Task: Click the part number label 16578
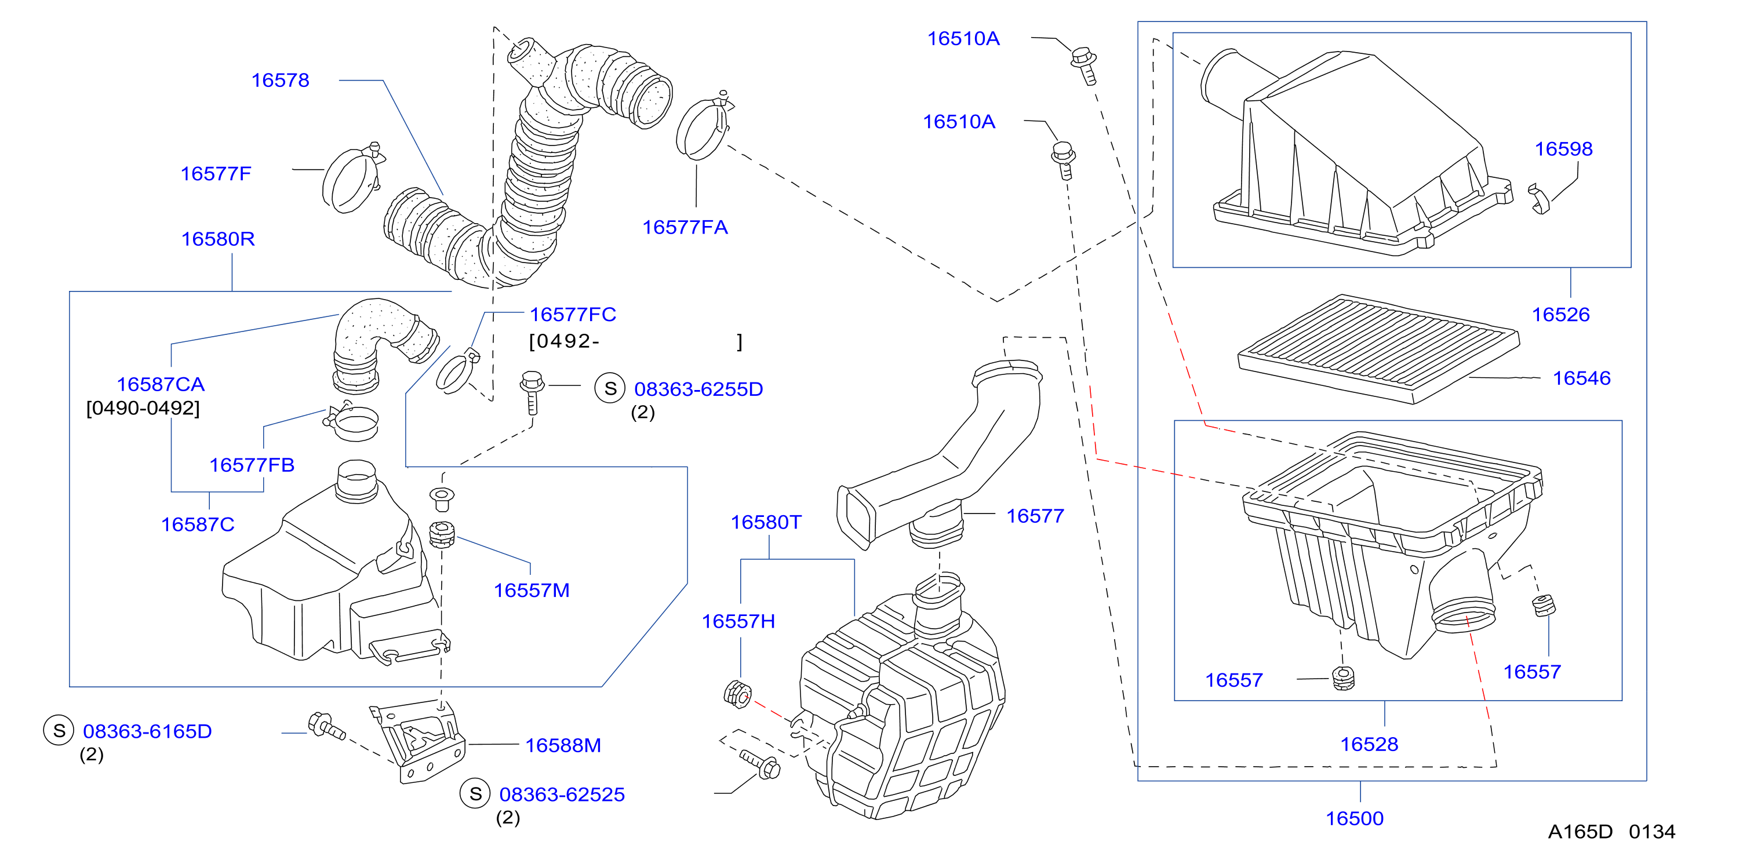point(280,80)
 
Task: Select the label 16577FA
point(685,227)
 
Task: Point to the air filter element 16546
point(1378,348)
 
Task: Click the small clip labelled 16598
point(1540,199)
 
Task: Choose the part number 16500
point(1354,818)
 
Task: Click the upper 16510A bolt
point(1084,65)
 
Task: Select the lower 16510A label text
point(959,121)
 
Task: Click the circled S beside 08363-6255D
point(610,388)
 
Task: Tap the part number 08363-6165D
point(147,731)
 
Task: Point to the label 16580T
point(766,522)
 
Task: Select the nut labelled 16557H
point(737,694)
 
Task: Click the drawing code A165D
point(1580,831)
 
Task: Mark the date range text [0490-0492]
point(143,408)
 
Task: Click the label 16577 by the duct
point(1035,516)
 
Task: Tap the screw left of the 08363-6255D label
point(532,392)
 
